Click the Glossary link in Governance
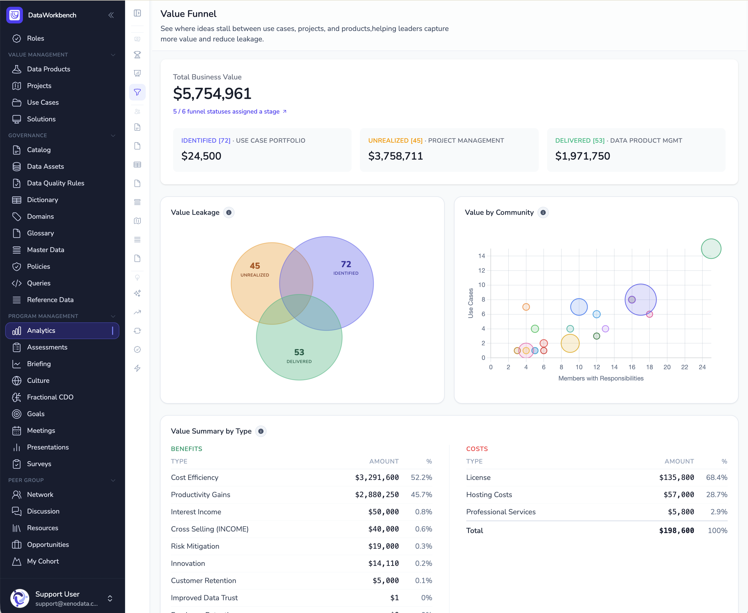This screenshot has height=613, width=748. [x=40, y=233]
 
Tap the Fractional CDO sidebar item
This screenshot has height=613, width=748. [x=50, y=397]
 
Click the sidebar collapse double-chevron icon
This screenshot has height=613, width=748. [x=111, y=15]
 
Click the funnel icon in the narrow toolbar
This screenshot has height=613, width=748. [x=137, y=92]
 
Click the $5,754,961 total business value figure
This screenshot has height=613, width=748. [x=212, y=93]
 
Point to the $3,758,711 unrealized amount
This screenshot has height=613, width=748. [x=395, y=156]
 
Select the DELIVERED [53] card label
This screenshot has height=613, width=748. [x=580, y=141]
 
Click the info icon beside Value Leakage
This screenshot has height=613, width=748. [x=229, y=212]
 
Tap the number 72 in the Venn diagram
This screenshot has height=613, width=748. [x=346, y=264]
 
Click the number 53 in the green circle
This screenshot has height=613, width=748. [x=299, y=352]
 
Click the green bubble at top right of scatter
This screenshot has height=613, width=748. [x=711, y=249]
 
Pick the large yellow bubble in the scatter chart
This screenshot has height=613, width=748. [x=570, y=343]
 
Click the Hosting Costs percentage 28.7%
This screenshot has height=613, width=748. [x=716, y=495]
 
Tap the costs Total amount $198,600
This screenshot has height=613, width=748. [x=676, y=530]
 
